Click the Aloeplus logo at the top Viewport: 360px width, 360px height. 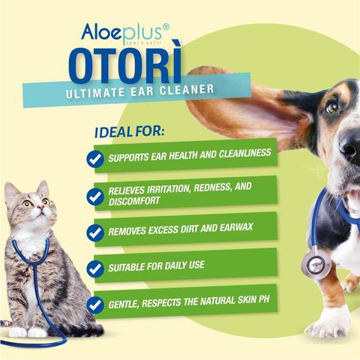click(x=125, y=34)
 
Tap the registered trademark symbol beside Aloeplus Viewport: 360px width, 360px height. click(x=166, y=26)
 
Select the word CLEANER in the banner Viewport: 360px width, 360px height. click(x=187, y=90)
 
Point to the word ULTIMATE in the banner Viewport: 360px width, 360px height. click(x=95, y=93)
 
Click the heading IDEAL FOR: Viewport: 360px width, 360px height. click(x=130, y=131)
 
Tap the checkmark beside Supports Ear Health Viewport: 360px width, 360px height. click(x=95, y=159)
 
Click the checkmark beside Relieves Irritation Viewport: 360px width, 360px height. click(x=95, y=196)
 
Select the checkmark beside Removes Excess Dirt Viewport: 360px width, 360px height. click(x=95, y=232)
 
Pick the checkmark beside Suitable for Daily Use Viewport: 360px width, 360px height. click(x=95, y=268)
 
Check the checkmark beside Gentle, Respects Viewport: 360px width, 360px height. click(x=95, y=305)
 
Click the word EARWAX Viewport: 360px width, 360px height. click(x=236, y=228)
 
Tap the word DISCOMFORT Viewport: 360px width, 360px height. click(x=134, y=201)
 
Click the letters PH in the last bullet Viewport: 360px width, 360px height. click(x=264, y=299)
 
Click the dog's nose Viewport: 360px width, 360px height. click(x=351, y=144)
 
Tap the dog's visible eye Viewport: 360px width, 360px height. click(x=332, y=107)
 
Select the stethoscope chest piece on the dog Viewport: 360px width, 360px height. click(x=316, y=265)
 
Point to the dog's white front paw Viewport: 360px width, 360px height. click(x=328, y=322)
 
